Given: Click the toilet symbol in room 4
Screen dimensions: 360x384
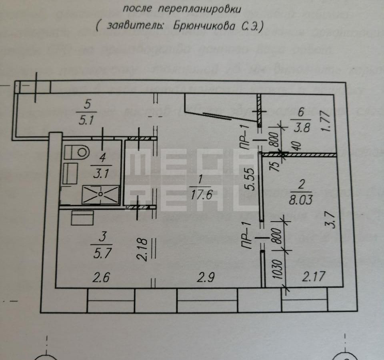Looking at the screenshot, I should pyautogui.click(x=77, y=152).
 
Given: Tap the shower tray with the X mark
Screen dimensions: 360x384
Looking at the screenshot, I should pyautogui.click(x=101, y=194).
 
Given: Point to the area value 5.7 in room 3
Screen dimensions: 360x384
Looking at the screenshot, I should pyautogui.click(x=101, y=252).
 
